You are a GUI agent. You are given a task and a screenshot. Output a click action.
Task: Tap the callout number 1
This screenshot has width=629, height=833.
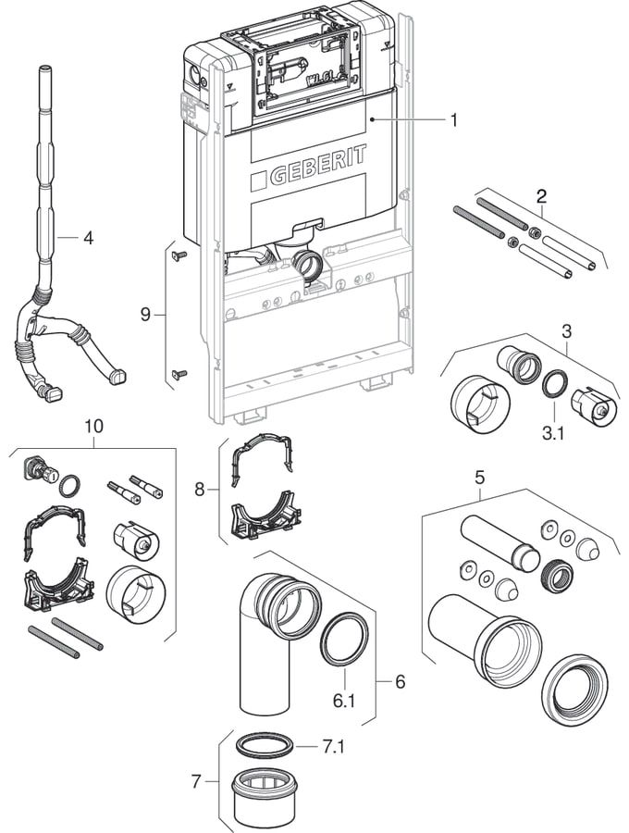tap(454, 119)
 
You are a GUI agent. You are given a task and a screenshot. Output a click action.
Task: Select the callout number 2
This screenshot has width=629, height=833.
tap(541, 195)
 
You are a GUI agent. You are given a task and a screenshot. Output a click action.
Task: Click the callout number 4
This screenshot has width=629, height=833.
tap(88, 238)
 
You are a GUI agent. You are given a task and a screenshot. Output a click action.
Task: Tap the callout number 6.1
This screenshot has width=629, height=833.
tap(344, 702)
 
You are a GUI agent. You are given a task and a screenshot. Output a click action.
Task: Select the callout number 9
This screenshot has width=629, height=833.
tap(145, 315)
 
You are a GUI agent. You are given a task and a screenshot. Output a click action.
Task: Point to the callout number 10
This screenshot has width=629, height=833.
tap(93, 427)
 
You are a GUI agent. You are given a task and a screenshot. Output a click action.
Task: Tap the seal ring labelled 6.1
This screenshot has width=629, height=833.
tap(343, 639)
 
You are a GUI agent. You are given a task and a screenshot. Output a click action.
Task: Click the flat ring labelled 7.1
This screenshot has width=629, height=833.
tap(267, 744)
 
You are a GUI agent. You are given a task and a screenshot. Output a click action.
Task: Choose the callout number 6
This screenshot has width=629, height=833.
tap(400, 682)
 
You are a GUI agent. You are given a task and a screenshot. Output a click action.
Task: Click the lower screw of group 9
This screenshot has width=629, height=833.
tap(179, 374)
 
